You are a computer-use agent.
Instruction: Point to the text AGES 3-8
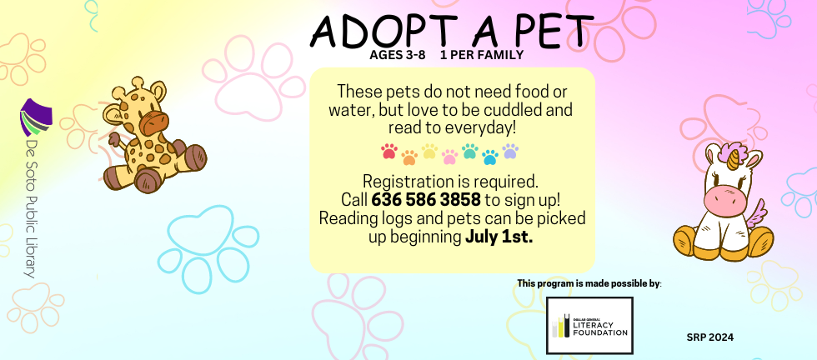398,56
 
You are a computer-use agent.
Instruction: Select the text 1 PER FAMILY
481,56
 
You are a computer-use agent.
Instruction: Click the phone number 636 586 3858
414,200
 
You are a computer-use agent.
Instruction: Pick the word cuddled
517,109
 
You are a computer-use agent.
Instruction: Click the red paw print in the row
389,152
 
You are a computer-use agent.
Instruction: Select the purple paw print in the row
510,151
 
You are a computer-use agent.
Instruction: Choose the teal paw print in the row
469,151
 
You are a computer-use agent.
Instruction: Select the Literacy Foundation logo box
589,326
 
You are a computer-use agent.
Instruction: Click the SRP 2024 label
710,337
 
